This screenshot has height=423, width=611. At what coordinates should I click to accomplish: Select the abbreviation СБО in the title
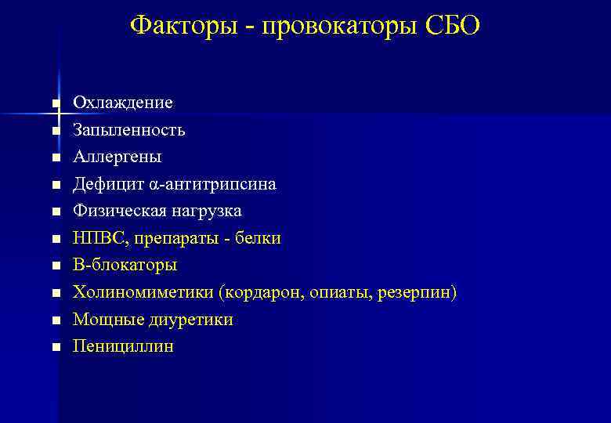click(x=453, y=25)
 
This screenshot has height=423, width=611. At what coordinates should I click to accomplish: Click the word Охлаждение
click(x=123, y=103)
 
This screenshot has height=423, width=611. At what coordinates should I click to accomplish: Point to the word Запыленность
click(x=129, y=130)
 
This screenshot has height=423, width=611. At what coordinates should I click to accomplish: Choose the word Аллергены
click(x=117, y=157)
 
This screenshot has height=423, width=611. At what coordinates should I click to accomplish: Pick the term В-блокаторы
click(x=125, y=266)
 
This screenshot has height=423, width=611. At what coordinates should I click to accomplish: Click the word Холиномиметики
click(x=144, y=293)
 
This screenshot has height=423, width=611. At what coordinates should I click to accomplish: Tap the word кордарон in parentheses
click(x=262, y=293)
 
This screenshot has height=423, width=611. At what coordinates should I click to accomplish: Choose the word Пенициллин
click(x=123, y=346)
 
